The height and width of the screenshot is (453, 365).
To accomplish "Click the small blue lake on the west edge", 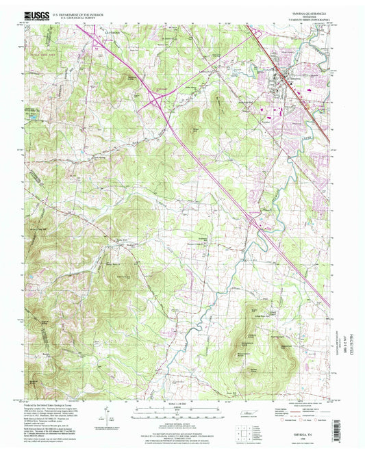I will [x=32, y=117].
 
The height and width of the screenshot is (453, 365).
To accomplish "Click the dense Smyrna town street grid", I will [x=281, y=82].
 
